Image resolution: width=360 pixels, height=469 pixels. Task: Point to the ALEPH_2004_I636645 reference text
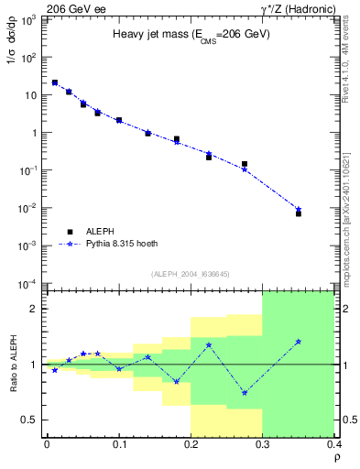[190, 273]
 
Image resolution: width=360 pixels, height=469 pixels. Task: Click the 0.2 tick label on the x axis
[191, 444]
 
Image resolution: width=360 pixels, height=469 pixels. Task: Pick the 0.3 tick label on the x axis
[263, 444]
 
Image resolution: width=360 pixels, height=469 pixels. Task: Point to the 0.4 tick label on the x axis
[334, 444]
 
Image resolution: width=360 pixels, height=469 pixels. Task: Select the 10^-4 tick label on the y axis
[29, 284]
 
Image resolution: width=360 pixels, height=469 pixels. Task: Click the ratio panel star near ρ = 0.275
[245, 393]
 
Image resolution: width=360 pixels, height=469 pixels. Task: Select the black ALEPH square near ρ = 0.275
[245, 164]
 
